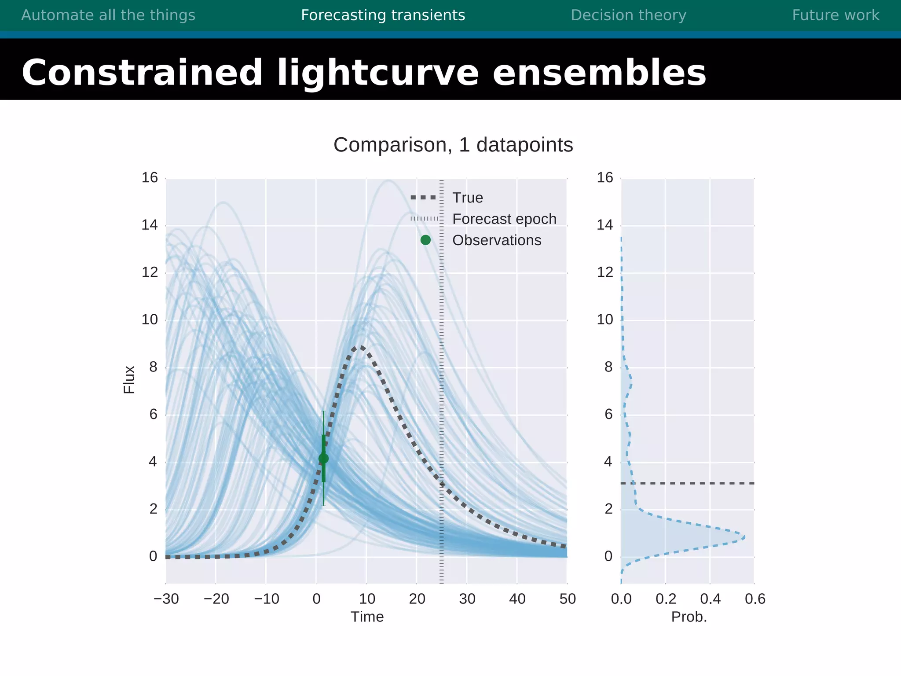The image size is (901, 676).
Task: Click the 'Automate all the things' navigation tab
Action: (108, 15)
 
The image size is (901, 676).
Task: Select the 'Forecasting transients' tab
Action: (383, 15)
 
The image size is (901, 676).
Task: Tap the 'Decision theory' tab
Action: (628, 15)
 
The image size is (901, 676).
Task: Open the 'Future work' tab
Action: (835, 15)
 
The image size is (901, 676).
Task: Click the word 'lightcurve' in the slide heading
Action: (377, 73)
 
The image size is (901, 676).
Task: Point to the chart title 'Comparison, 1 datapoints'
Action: (453, 145)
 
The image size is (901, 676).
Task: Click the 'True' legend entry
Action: (467, 198)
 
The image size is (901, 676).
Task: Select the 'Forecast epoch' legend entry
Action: (504, 219)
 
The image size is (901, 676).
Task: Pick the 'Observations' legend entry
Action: (497, 240)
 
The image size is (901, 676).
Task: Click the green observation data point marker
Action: (323, 459)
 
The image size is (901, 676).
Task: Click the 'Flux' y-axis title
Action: (129, 379)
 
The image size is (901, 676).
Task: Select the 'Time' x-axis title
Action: (367, 617)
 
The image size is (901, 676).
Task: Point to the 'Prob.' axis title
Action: (689, 617)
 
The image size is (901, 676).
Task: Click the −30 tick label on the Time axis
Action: (166, 599)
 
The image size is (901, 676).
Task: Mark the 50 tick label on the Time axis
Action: (568, 599)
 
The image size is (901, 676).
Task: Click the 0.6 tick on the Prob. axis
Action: (755, 599)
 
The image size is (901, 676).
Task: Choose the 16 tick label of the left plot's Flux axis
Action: (150, 178)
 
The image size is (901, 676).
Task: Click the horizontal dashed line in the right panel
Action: (695, 483)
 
